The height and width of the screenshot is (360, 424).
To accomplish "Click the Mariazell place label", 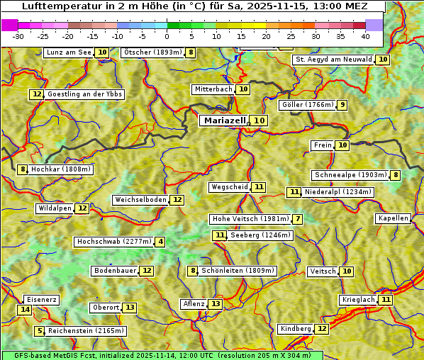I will (x=225, y=120).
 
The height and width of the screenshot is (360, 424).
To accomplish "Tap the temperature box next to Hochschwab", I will (x=160, y=242).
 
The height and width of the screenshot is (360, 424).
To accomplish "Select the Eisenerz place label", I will (x=40, y=300).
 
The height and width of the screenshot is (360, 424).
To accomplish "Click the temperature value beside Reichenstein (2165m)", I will (x=40, y=331).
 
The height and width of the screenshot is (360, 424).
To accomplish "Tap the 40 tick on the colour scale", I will (x=365, y=36).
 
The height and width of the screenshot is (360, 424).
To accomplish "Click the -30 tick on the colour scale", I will (x=18, y=36).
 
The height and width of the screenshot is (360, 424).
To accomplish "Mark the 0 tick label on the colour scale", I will (x=167, y=36).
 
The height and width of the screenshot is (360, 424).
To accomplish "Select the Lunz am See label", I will (x=69, y=52).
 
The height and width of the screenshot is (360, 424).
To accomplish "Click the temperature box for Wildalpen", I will (x=82, y=208).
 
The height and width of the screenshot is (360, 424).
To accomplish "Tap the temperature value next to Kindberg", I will (x=322, y=329).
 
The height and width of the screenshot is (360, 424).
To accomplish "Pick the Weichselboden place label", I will (x=140, y=200).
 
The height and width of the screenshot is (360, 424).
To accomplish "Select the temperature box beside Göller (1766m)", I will (x=342, y=105).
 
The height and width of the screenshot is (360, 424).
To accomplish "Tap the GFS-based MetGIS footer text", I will (x=162, y=355).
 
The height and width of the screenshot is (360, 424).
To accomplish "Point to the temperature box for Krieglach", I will (x=386, y=300).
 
